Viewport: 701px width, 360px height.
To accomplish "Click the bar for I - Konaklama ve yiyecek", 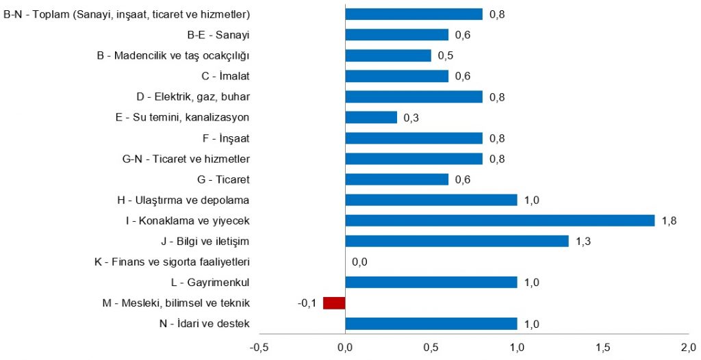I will point(500,220).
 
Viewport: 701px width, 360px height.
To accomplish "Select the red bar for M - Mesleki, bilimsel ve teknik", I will point(334,303).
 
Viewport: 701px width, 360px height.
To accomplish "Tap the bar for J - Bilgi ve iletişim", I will point(457,241).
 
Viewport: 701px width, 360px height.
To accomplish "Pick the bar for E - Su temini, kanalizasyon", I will point(371,117).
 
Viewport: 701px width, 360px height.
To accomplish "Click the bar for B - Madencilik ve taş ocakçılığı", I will point(388,55).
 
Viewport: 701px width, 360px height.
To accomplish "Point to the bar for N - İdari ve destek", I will point(431,324).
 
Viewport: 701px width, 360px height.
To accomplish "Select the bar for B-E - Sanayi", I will point(397,35).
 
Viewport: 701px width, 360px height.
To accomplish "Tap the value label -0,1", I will point(307,303).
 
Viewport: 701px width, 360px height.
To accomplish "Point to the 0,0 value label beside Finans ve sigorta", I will point(359,261).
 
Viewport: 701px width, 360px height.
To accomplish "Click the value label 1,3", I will point(583,241).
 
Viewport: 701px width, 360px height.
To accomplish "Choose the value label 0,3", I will point(411,118).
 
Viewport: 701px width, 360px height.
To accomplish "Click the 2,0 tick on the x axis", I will point(688,346).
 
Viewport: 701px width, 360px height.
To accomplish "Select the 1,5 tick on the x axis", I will point(602,346).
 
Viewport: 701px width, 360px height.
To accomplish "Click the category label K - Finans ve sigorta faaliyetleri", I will point(171,261).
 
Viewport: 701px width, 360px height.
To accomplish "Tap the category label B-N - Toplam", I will point(127,14).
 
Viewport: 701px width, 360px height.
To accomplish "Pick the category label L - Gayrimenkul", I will point(209,282).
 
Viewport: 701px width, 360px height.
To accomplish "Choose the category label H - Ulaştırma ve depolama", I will point(183,200).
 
